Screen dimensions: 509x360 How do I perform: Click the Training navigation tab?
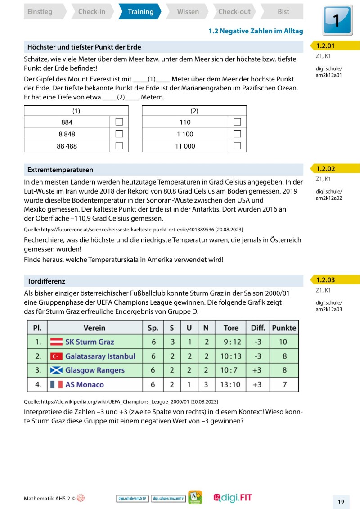pyautogui.click(x=140, y=12)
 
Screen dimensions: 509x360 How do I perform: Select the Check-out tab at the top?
pyautogui.click(x=234, y=12)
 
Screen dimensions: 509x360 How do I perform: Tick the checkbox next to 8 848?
pyautogui.click(x=119, y=134)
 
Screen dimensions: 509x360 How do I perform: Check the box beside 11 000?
pyautogui.click(x=237, y=146)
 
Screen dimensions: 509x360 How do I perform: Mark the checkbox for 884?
pyautogui.click(x=119, y=122)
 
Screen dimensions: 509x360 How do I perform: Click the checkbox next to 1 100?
pyautogui.click(x=237, y=134)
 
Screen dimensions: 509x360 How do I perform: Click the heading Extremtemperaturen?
pyautogui.click(x=60, y=170)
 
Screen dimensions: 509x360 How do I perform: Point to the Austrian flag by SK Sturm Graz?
pyautogui.click(x=56, y=342)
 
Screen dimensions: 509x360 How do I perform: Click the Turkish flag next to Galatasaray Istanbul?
pyautogui.click(x=56, y=356)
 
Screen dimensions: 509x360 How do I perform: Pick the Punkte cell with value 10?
pyautogui.click(x=283, y=342)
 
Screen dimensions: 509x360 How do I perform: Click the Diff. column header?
pyautogui.click(x=257, y=328)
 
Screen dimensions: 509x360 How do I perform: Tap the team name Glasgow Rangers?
pyautogui.click(x=95, y=370)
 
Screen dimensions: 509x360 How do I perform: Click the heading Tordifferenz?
pyautogui.click(x=46, y=281)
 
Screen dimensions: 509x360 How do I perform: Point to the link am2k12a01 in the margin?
pyautogui.click(x=329, y=75)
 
